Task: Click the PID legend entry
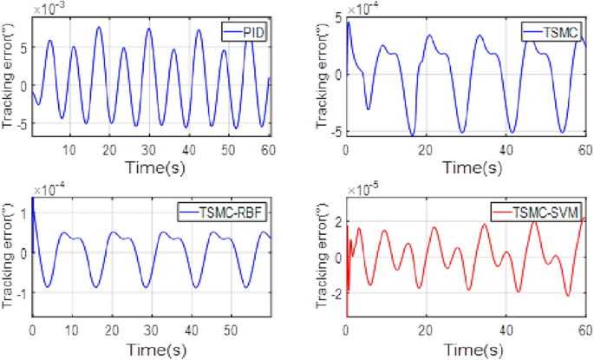(246, 32)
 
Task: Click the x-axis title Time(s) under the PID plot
(152, 165)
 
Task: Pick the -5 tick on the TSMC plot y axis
(335, 131)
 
